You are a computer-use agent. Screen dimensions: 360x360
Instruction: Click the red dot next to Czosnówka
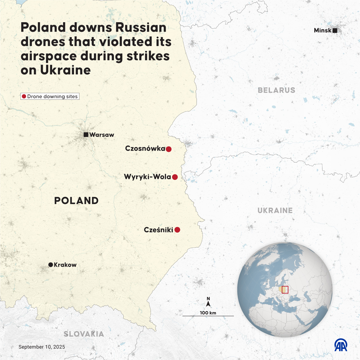[169, 149]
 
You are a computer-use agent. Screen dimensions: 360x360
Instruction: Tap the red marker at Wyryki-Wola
[175, 177]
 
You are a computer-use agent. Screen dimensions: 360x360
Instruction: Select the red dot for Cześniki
[177, 230]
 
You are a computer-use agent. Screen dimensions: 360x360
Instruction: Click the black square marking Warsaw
[86, 135]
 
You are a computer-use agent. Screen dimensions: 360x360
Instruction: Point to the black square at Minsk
[335, 31]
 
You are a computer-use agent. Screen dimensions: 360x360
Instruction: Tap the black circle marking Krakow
[50, 265]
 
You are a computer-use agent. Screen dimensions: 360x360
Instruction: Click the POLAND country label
[76, 201]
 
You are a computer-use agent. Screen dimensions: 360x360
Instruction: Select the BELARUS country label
[276, 90]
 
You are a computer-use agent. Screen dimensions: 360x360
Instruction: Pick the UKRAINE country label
[275, 211]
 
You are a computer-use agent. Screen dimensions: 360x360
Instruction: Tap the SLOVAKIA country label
[84, 334]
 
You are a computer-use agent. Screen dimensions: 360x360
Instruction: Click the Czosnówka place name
[145, 148]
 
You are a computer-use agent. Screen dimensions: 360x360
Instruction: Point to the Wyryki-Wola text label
[148, 177]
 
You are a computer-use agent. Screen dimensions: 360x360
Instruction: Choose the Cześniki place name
[158, 230]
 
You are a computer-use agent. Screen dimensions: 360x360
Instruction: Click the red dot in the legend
[24, 96]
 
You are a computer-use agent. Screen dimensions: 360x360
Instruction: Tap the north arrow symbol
[208, 303]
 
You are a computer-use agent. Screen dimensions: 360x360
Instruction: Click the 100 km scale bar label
[208, 313]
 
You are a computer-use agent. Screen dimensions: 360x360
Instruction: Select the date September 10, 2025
[42, 347]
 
